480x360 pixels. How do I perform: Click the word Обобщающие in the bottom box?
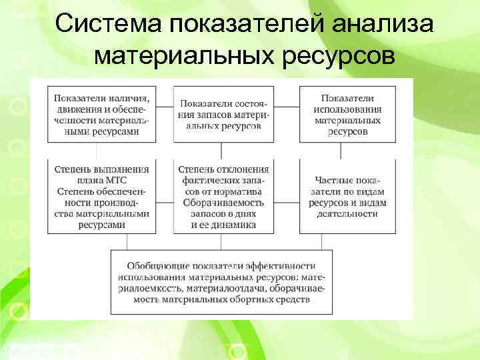(152, 265)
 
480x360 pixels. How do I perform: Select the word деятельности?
(348, 214)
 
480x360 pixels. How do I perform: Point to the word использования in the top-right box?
(348, 109)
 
